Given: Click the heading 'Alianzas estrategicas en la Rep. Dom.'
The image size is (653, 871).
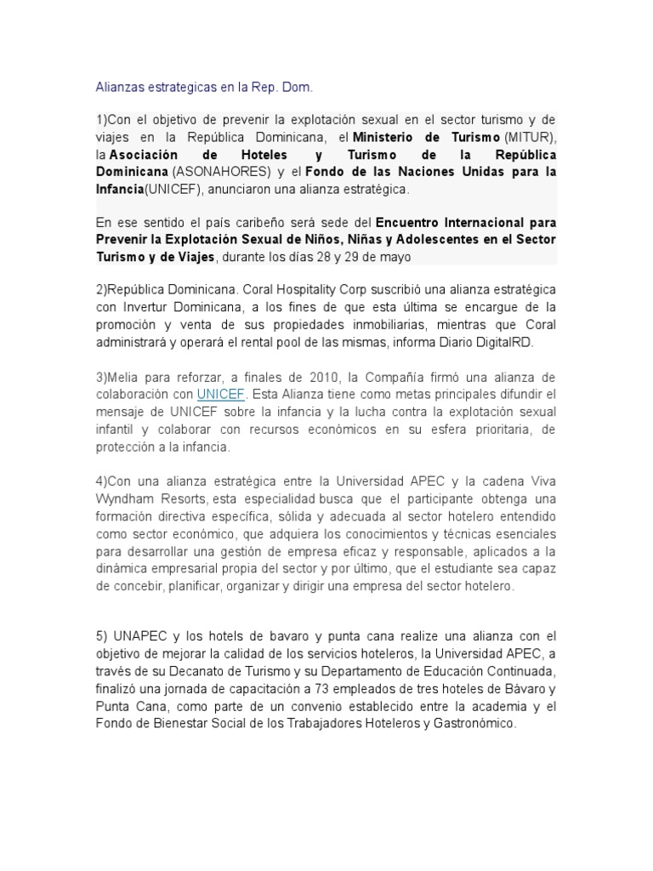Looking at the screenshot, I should coord(204,87).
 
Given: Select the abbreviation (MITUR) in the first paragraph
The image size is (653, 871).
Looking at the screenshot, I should coord(530,137).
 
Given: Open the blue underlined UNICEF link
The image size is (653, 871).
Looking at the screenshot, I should coord(219,395).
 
